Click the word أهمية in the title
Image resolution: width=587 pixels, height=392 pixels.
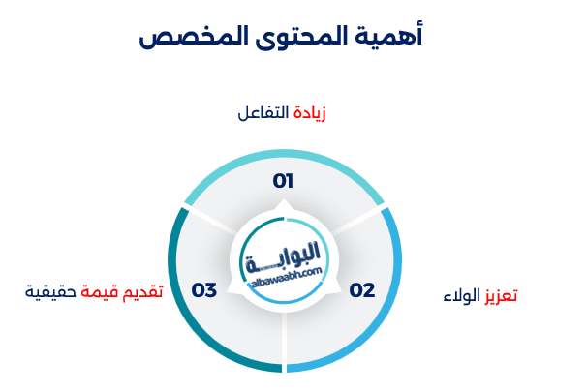[388, 36]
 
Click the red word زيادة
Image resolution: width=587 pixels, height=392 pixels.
[309, 113]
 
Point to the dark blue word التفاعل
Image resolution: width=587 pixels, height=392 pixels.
[263, 112]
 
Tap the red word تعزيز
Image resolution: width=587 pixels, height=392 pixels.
[501, 295]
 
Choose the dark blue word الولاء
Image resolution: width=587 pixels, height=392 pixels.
[462, 295]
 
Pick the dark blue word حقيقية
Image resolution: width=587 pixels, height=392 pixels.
[50, 291]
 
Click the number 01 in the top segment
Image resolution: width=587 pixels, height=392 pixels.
[283, 181]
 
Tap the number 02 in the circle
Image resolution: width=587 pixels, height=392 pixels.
[362, 290]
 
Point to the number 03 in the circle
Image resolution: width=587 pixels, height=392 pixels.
[204, 290]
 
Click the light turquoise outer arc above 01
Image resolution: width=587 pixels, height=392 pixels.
[284, 154]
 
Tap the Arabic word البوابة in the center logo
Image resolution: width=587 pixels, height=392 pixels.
[284, 256]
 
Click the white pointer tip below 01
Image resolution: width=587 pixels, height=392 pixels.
[284, 199]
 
